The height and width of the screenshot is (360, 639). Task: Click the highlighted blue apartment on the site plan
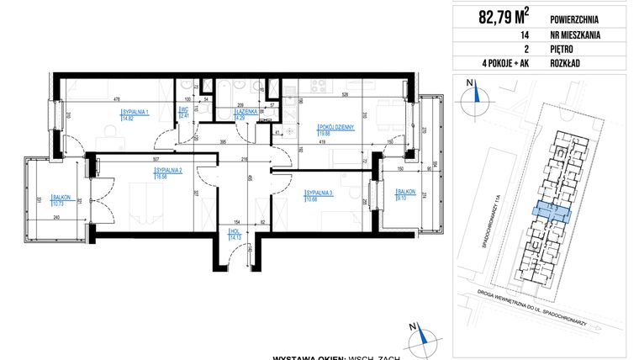tap(551, 214)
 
